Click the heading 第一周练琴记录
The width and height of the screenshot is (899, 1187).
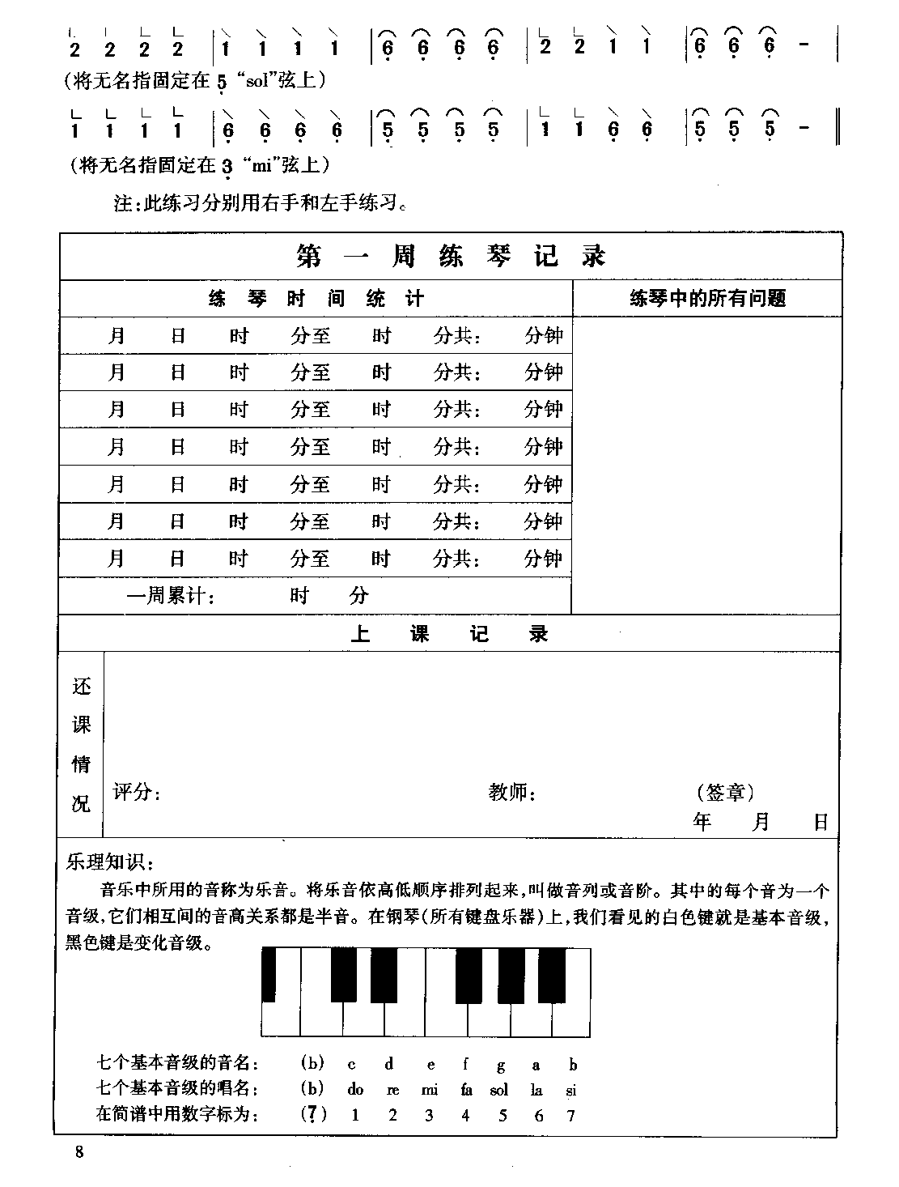click(451, 257)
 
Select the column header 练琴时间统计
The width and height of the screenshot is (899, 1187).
click(316, 299)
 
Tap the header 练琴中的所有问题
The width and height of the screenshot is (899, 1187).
click(707, 299)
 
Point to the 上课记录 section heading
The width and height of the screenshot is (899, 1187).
click(449, 634)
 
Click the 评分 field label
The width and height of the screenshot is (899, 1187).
click(137, 792)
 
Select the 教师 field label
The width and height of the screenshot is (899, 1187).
click(512, 792)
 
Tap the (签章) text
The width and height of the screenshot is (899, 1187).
click(725, 792)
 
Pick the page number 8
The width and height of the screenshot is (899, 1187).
click(78, 1153)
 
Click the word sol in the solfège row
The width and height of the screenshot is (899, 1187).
click(499, 1090)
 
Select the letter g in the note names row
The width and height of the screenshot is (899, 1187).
click(502, 1065)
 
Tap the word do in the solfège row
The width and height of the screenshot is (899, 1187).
click(355, 1090)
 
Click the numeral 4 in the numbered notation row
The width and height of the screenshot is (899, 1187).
click(465, 1116)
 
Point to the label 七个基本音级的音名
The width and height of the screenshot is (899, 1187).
click(178, 1064)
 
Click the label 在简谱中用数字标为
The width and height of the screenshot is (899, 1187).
click(178, 1115)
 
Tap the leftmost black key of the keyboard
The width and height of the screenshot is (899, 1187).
click(269, 975)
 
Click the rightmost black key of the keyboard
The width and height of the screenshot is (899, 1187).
click(552, 975)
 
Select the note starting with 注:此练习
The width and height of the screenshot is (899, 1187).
click(260, 202)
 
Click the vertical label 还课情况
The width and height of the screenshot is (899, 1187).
click(82, 745)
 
